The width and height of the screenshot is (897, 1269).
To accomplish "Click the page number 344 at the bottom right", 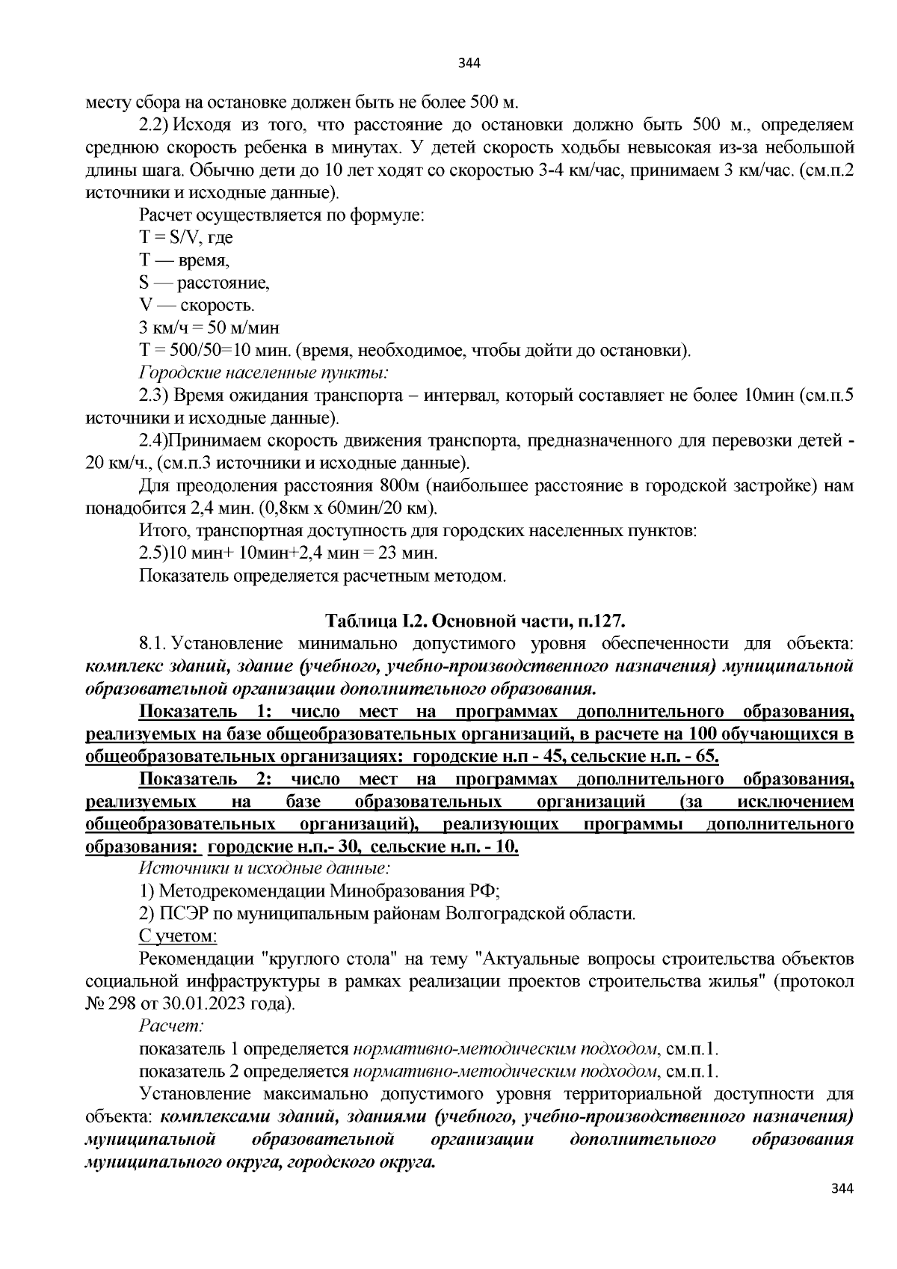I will (x=842, y=1188).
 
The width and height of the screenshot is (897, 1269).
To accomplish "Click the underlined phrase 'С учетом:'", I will (x=178, y=935).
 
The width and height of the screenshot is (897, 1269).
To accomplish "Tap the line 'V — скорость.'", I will (x=197, y=305).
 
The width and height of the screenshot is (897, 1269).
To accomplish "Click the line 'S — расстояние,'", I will (x=204, y=283).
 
